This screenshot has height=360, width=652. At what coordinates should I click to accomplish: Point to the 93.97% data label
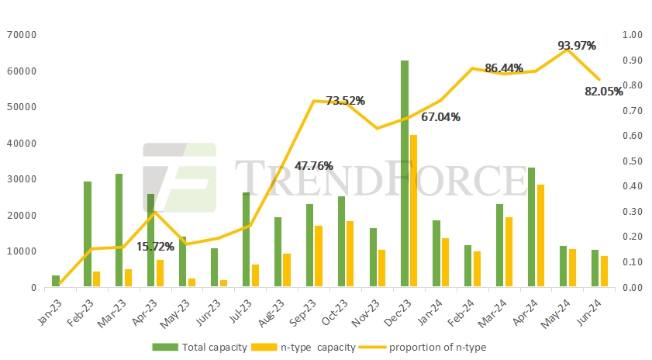pyautogui.click(x=577, y=46)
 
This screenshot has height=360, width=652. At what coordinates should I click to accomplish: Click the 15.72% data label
pyautogui.click(x=155, y=247)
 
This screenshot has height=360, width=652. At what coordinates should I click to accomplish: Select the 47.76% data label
pyautogui.click(x=314, y=165)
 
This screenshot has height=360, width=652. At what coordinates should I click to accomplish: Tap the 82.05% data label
pyautogui.click(x=604, y=91)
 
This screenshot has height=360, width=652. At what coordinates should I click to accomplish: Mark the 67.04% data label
pyautogui.click(x=440, y=117)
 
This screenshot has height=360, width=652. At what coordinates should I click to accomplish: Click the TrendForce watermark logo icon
pyautogui.click(x=179, y=178)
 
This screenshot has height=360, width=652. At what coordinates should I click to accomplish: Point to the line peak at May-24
pyautogui.click(x=567, y=50)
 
